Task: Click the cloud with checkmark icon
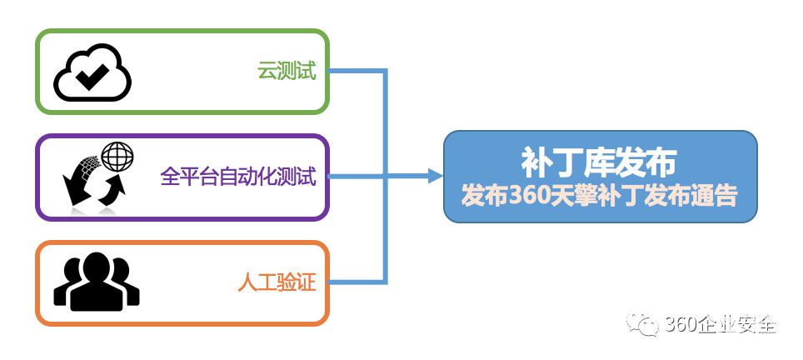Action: (x=92, y=72)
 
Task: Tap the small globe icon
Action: (x=117, y=156)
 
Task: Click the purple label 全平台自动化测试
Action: (x=238, y=177)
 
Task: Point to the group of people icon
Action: (x=97, y=282)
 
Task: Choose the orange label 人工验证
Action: (x=277, y=282)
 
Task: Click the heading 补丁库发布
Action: (x=599, y=162)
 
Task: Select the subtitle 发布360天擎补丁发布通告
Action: (x=599, y=195)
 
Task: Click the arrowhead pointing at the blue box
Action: (x=436, y=177)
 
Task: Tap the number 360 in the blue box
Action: (x=520, y=196)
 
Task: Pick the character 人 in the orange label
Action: (x=248, y=282)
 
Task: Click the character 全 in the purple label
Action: (x=169, y=177)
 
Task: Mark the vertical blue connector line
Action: (x=384, y=177)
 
